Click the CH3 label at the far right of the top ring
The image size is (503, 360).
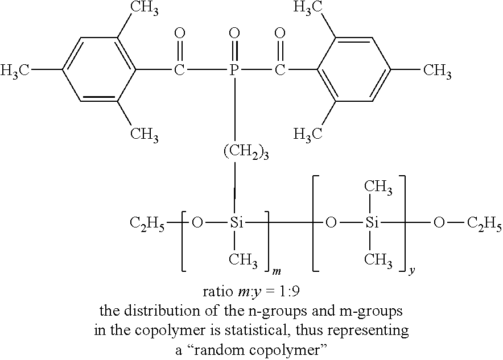tap(436, 71)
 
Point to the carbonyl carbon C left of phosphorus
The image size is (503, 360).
tap(179, 71)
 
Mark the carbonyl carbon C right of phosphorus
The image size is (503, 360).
tap(279, 71)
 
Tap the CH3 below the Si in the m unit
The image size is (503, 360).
tap(244, 260)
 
